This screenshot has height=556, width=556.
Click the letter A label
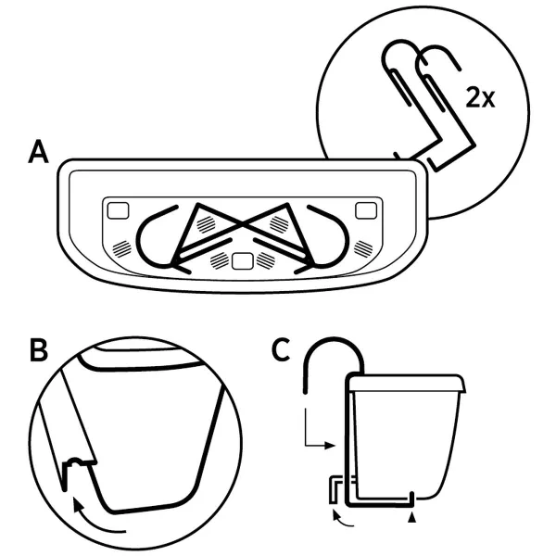[38, 153]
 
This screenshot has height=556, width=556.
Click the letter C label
[284, 350]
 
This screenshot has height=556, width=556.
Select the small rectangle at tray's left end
[119, 210]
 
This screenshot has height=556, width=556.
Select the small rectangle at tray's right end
[366, 208]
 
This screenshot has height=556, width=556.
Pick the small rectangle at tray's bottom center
[243, 262]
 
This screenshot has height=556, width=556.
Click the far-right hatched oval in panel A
[365, 246]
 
